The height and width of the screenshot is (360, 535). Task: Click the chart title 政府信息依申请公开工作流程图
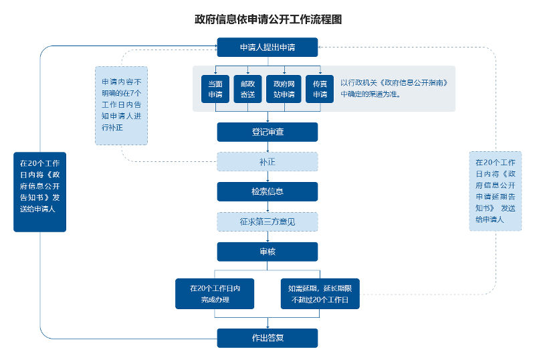[x=267, y=19]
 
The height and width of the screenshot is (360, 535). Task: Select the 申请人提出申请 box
[x=267, y=48]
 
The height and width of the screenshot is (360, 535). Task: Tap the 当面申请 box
[x=215, y=89]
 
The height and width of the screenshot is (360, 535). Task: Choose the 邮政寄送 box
[x=247, y=89]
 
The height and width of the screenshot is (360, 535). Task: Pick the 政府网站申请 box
[x=284, y=89]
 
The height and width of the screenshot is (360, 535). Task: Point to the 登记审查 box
[x=267, y=132]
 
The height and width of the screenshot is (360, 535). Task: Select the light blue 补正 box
[x=267, y=161]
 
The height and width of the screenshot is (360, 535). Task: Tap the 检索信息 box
[x=267, y=191]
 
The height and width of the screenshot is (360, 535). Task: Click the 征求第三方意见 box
[x=267, y=221]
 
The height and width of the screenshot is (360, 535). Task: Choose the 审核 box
[x=267, y=252]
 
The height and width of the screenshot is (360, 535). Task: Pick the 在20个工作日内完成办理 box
[x=215, y=294]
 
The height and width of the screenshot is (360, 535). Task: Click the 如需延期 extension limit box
[x=320, y=294]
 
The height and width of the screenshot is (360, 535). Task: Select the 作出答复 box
[x=267, y=338]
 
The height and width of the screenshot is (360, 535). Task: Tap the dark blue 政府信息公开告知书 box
[x=40, y=191]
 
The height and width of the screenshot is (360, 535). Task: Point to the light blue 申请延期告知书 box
[x=496, y=191]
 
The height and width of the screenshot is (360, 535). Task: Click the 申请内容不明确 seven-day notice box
[x=121, y=106]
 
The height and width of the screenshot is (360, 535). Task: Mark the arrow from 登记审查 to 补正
[x=267, y=147]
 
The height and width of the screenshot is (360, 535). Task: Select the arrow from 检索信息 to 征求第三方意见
[x=267, y=207]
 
